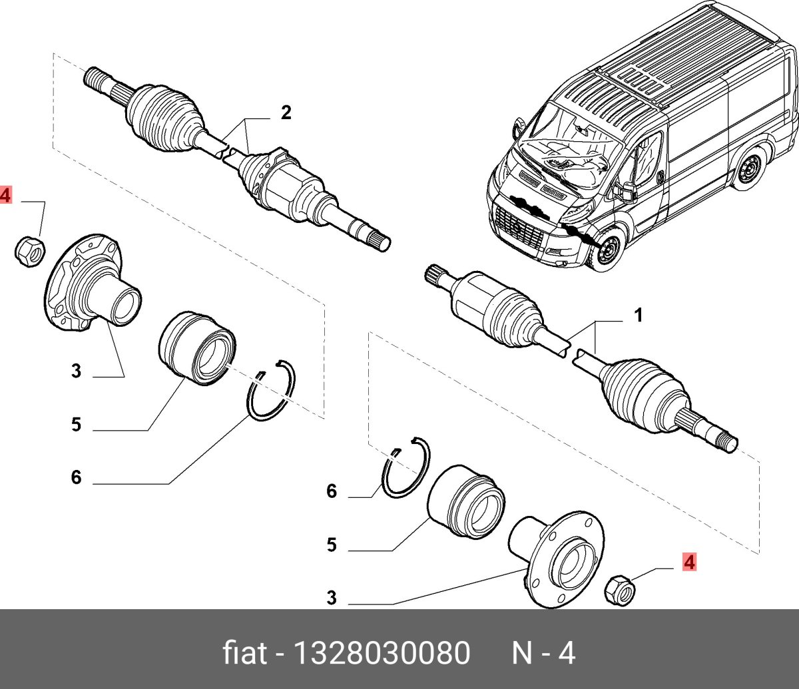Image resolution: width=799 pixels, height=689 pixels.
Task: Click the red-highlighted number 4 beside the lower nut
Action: tap(688, 563)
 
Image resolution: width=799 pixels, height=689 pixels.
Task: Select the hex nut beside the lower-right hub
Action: tap(619, 588)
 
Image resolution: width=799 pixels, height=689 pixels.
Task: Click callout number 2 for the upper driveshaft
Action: tap(286, 113)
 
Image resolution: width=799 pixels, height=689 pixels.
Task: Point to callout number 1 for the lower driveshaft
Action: tap(637, 316)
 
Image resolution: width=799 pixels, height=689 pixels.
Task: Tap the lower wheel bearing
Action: tap(464, 499)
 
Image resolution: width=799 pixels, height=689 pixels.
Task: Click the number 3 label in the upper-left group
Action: tap(76, 371)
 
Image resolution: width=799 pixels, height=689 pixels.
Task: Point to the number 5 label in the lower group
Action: tap(332, 546)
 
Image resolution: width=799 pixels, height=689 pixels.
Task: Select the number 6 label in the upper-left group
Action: tap(76, 477)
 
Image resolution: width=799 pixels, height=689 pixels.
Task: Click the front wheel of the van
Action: tap(607, 252)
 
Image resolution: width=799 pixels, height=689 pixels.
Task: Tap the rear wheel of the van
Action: tap(750, 169)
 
